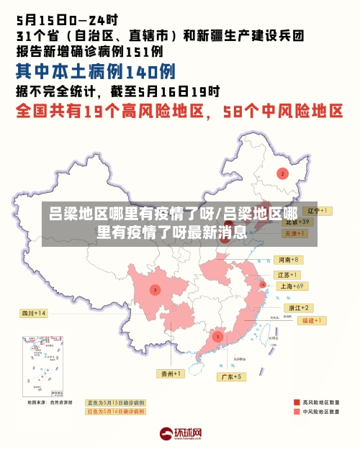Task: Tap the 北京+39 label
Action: coord(295,222)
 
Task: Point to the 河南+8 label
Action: coord(287,259)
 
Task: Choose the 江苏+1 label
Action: coord(287,274)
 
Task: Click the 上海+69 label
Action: coord(292,286)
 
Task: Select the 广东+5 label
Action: coord(232,376)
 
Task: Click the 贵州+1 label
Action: coord(171,373)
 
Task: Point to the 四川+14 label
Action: coord(33,313)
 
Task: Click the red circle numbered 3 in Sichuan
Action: coord(155,289)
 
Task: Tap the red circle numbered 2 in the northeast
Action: coord(283,173)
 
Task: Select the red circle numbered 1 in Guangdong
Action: coord(217,336)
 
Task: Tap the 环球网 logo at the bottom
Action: coord(180,433)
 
